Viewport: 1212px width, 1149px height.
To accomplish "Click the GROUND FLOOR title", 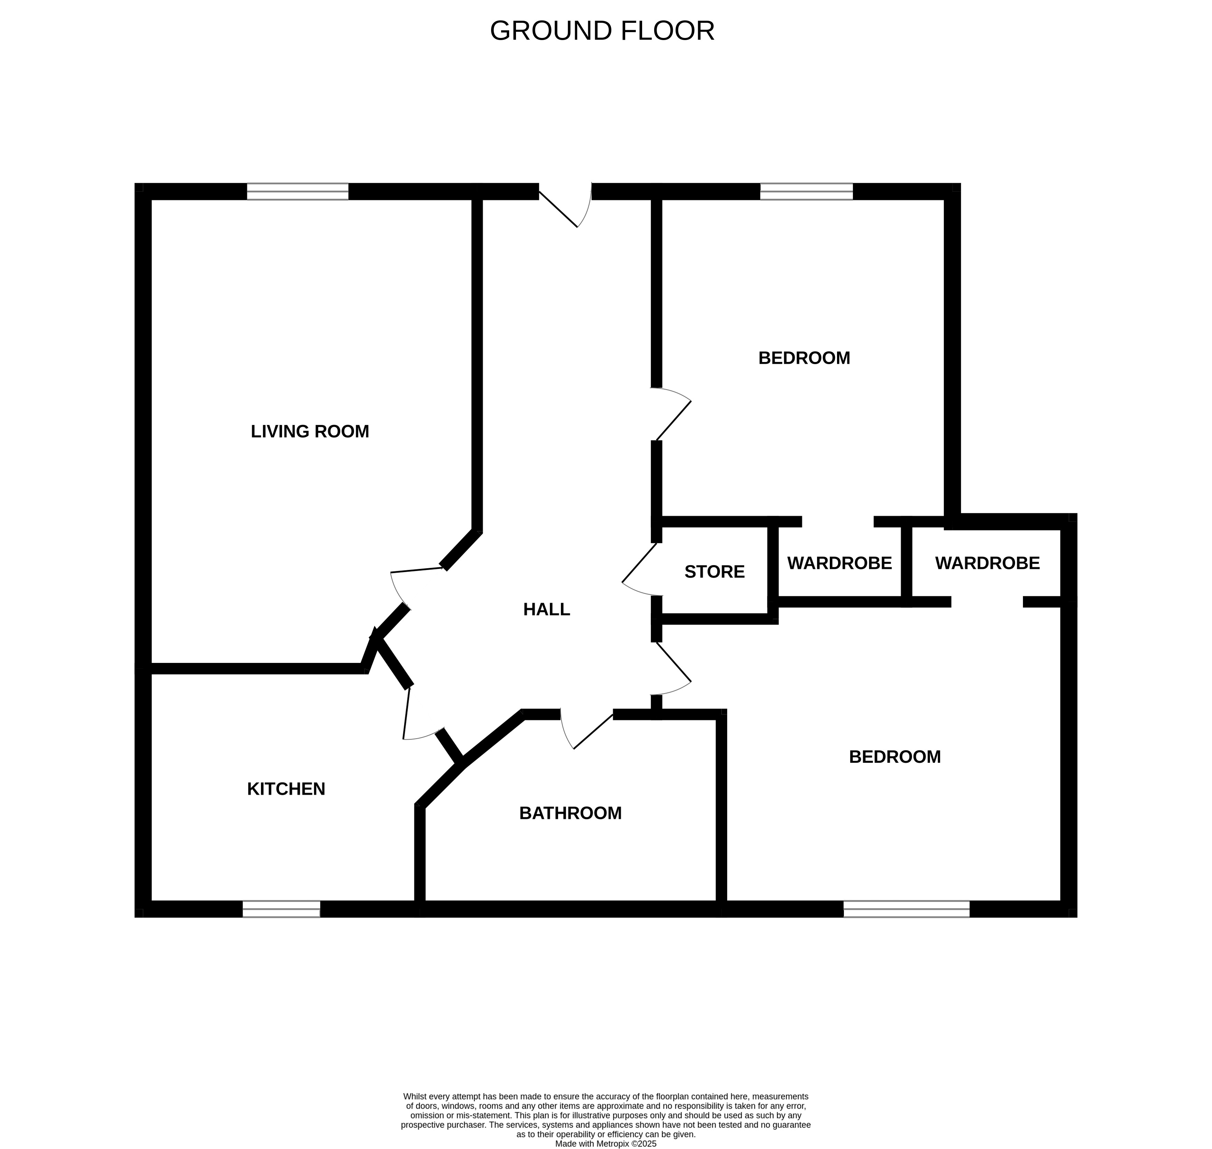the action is pyautogui.click(x=602, y=31).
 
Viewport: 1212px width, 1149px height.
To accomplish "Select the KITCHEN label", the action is pyautogui.click(x=286, y=789).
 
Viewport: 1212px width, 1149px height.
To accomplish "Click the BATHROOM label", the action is pyautogui.click(x=571, y=813).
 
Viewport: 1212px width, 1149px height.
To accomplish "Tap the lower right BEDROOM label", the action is pyautogui.click(x=895, y=757).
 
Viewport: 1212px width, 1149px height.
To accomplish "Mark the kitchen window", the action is pyautogui.click(x=281, y=909).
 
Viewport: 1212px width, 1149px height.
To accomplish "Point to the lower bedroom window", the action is pyautogui.click(x=907, y=909).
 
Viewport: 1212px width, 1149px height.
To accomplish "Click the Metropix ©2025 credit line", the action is pyautogui.click(x=605, y=1143).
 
